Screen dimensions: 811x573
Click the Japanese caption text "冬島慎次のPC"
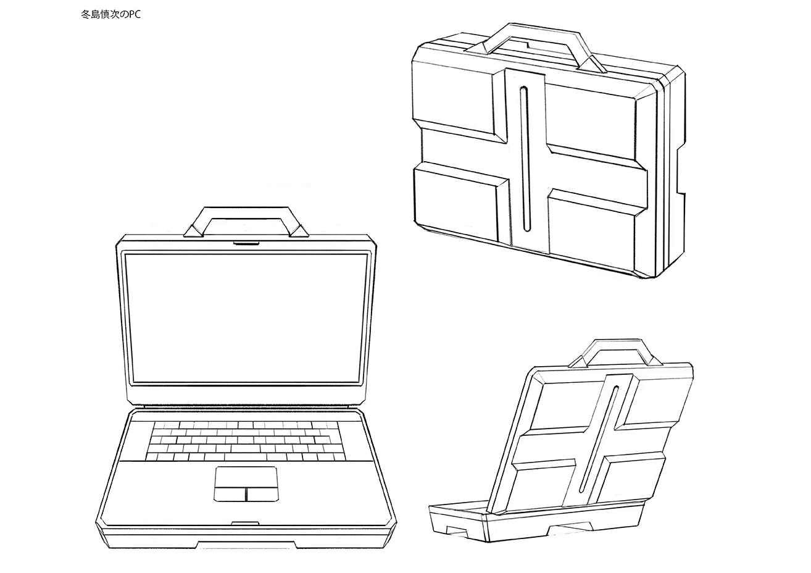(110, 14)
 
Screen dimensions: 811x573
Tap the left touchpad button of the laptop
(230, 493)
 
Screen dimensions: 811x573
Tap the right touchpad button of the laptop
(262, 493)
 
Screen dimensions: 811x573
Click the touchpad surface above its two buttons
(246, 477)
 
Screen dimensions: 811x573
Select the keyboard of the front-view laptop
(246, 441)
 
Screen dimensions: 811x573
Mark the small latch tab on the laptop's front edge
(245, 523)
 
